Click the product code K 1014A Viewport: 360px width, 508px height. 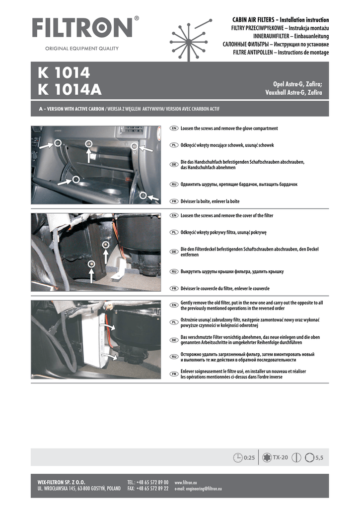click(x=70, y=90)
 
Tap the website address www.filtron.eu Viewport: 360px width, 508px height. click(x=186, y=482)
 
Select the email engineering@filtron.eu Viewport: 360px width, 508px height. click(x=198, y=489)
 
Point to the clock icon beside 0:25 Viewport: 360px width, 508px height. click(x=238, y=457)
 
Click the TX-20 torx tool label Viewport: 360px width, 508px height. click(x=280, y=457)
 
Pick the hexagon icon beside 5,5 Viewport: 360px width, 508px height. click(x=310, y=457)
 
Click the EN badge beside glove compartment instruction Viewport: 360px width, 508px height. click(x=174, y=128)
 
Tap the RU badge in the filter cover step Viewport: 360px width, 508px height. click(x=174, y=271)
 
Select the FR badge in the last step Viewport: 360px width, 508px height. click(x=174, y=374)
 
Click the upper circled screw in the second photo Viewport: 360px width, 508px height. click(x=105, y=245)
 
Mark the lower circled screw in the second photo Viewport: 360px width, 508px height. click(x=92, y=264)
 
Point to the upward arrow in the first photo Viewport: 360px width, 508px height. click(x=88, y=155)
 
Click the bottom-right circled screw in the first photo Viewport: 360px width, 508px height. click(x=143, y=195)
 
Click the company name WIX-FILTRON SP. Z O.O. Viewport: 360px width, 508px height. click(x=61, y=482)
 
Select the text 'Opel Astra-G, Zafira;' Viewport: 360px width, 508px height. click(x=297, y=84)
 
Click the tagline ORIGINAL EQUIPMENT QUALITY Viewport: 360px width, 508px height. click(x=82, y=48)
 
